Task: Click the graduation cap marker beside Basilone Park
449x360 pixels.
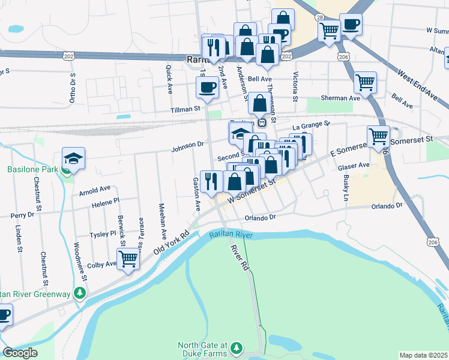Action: pos(73,158)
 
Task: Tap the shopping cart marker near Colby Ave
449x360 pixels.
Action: pos(128,259)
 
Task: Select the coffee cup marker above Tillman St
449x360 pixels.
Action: pos(207,88)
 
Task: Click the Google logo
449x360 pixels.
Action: pos(20,353)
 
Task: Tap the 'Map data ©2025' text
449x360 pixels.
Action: pos(424,355)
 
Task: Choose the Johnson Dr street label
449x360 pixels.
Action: pos(188,145)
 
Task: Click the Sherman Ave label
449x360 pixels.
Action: pos(339,98)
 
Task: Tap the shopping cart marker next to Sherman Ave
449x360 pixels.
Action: pos(364,82)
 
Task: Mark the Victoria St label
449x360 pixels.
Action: pos(295,86)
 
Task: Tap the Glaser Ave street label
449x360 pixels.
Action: pos(354,165)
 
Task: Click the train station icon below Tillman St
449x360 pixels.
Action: pos(262,122)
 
